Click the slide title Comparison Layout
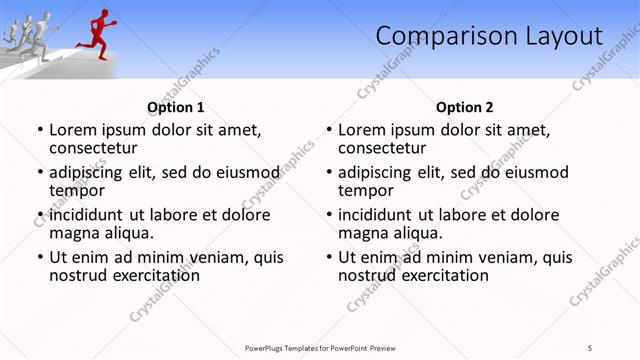coord(489,37)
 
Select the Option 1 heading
coord(176,107)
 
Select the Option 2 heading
coord(465,107)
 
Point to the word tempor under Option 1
coord(77,190)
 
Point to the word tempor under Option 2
coord(366,190)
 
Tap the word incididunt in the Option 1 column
coord(88,215)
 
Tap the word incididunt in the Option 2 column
coord(377,215)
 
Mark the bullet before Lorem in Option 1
coord(39,130)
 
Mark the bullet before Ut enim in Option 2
coord(328,257)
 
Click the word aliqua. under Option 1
coord(129,233)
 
